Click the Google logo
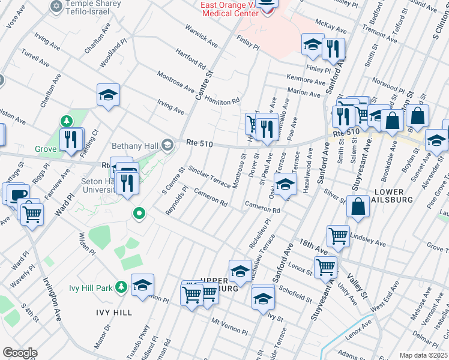(20, 353)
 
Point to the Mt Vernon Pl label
(229, 326)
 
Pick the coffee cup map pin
(17, 194)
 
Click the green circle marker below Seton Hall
(139, 213)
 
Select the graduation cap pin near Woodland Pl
(109, 95)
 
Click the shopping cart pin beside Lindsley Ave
(338, 236)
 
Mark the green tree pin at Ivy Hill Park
(121, 287)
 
